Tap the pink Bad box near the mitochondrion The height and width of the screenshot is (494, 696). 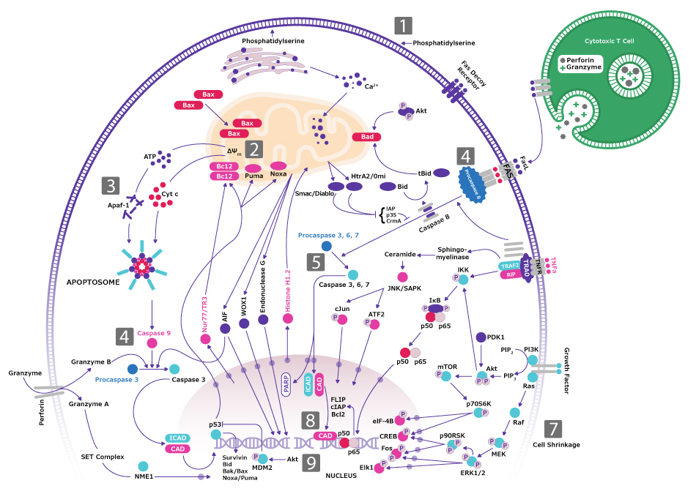tap(367, 137)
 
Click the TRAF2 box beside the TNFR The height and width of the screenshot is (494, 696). tap(509, 265)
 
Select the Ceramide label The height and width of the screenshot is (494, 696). tap(399, 255)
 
